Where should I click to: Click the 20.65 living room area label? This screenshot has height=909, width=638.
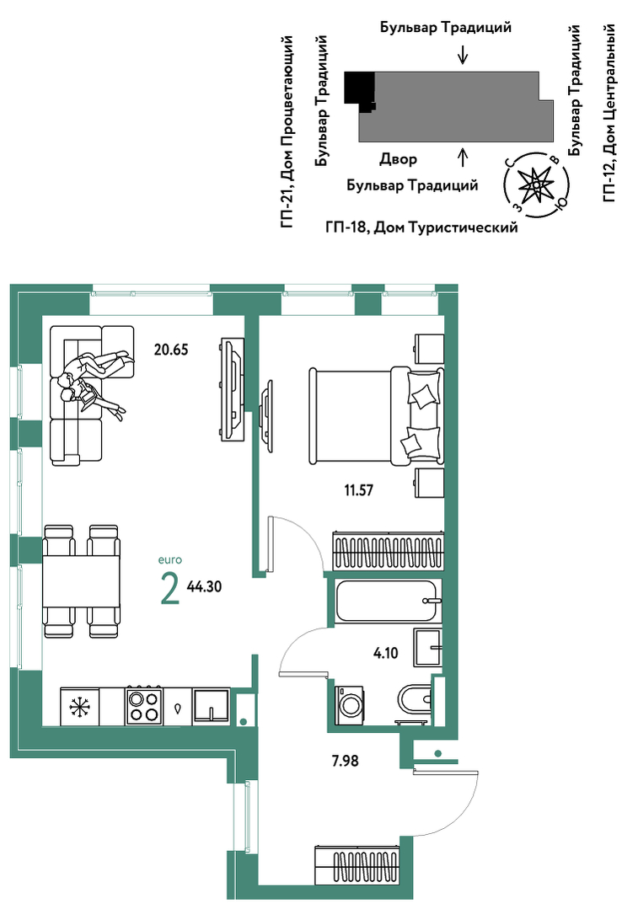171,350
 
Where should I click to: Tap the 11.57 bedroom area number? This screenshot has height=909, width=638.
358,489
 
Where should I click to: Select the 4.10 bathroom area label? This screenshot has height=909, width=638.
386,654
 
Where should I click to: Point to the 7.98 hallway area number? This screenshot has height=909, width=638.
345,761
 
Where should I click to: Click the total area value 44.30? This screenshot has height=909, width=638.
204,586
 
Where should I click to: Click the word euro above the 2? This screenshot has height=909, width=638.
170,560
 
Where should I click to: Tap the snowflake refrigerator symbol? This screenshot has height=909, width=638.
79,708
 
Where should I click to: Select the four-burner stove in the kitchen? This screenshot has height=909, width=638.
144,706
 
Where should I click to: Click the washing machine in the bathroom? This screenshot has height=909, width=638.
351,705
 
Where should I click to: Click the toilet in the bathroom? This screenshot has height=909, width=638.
415,702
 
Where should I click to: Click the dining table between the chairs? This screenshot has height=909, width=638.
82,581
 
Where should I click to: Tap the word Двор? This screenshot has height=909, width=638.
398,159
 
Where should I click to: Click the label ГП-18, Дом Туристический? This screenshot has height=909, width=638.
421,227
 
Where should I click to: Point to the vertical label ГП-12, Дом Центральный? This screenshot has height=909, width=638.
609,113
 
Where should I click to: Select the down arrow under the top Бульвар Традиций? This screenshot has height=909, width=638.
462,54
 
